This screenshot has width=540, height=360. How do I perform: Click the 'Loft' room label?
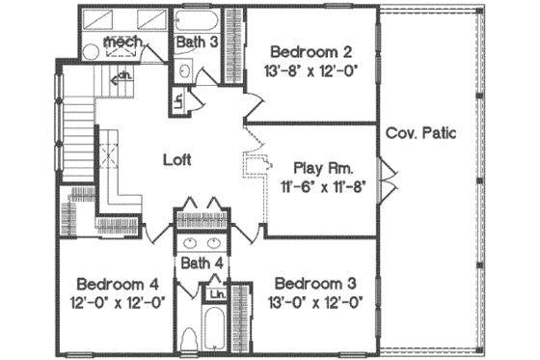coord(177,160)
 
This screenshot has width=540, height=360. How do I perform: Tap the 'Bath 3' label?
coord(196,42)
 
